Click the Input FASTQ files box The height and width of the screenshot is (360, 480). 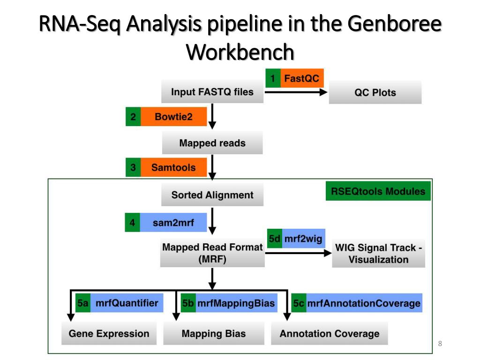212,92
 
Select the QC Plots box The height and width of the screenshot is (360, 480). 375,92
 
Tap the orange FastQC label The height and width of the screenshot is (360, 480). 301,78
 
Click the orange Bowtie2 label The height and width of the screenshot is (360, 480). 173,117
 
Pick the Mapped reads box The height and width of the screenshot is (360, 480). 212,143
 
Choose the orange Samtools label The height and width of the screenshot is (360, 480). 173,167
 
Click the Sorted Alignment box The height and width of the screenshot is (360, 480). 212,195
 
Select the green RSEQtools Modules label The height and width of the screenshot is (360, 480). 378,191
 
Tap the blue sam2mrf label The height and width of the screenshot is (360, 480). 173,223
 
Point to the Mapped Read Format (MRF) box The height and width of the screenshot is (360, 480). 212,253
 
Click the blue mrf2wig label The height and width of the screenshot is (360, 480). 303,239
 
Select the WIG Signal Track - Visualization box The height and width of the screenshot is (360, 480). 378,254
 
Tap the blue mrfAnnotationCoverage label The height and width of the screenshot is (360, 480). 363,303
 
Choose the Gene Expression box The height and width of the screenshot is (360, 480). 109,334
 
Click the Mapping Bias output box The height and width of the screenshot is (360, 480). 214,334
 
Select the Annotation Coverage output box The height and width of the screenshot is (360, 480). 330,334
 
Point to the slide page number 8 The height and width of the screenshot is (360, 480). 440,345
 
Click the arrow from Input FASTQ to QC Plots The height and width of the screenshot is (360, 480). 295,92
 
